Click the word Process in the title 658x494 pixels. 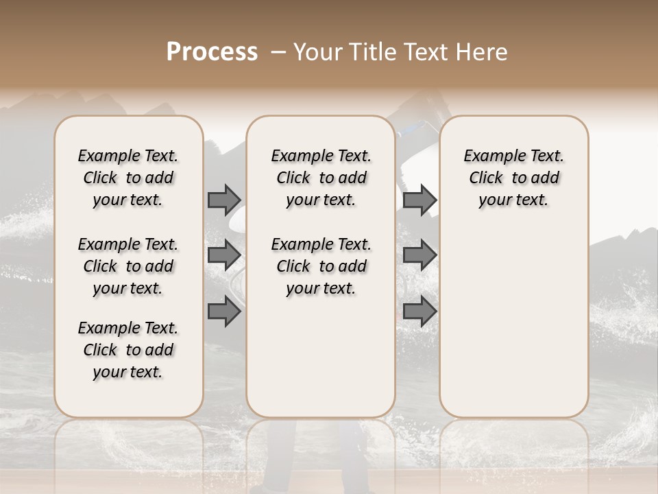pos(212,52)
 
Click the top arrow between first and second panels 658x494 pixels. pos(224,200)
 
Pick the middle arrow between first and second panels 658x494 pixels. pos(224,255)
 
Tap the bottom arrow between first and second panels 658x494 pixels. pos(224,311)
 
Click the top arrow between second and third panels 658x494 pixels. pos(419,200)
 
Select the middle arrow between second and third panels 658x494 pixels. pos(419,255)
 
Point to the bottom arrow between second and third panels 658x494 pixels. pos(419,311)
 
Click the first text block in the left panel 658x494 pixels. pos(128,178)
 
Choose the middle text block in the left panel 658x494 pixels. pos(128,266)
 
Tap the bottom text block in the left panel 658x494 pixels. pos(128,350)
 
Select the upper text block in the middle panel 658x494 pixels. pos(321,178)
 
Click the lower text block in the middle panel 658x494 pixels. pos(321,266)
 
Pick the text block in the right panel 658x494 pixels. pos(514,178)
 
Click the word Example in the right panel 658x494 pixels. pos(489,156)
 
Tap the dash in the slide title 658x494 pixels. pos(278,52)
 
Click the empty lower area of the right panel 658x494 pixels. pos(514,322)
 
